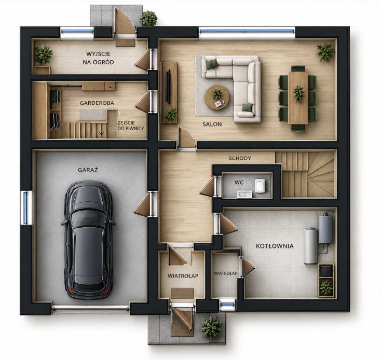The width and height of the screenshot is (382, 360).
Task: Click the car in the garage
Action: (88, 240)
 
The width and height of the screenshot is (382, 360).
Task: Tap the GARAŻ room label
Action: (88, 170)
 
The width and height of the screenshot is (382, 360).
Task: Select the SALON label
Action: (212, 124)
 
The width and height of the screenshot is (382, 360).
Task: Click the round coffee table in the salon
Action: (217, 98)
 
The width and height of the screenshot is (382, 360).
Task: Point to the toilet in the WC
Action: (260, 186)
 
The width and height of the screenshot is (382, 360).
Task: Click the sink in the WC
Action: (244, 195)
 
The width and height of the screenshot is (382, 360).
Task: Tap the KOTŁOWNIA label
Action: (275, 246)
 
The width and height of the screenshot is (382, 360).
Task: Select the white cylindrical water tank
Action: (310, 246)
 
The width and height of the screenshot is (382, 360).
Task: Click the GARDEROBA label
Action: (97, 103)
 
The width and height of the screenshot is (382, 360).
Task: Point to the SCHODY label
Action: (240, 158)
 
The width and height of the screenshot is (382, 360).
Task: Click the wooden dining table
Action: (298, 98)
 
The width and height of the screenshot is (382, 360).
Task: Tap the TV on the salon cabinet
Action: (168, 86)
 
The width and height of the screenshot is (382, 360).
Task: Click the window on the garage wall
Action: (25, 207)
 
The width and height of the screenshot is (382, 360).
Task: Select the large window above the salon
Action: (247, 31)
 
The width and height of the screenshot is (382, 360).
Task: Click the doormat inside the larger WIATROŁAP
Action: (183, 293)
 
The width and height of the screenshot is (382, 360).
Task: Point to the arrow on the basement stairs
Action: (102, 133)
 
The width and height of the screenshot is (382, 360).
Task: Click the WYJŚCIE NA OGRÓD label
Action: (98, 58)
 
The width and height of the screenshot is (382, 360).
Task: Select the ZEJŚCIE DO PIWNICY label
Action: (131, 126)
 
